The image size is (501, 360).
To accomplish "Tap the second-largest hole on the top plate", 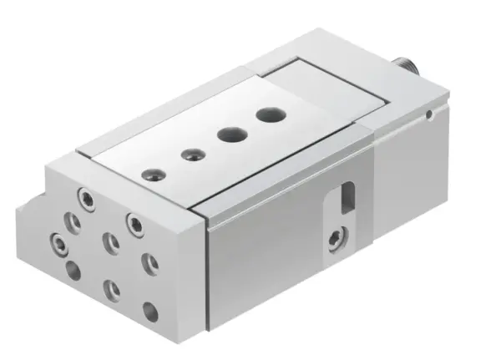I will [x=228, y=133].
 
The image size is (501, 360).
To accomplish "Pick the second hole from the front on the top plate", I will [x=193, y=153].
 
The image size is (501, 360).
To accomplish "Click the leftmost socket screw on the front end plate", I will [x=57, y=244].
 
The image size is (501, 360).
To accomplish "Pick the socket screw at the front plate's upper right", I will [x=133, y=221].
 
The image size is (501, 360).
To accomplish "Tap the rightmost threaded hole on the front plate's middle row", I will [x=149, y=264].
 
